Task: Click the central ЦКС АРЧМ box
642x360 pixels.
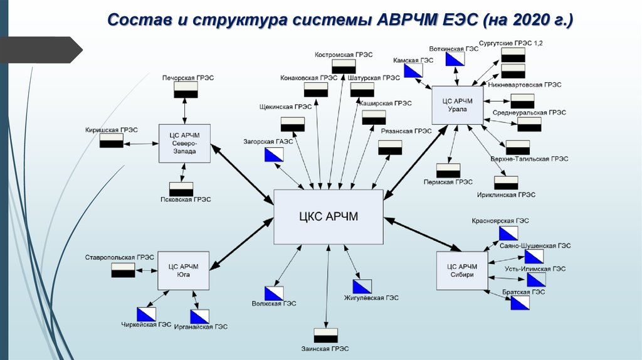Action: pyautogui.click(x=329, y=217)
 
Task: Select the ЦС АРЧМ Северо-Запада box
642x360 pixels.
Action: pyautogui.click(x=184, y=143)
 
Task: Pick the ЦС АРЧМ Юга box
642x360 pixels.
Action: pyautogui.click(x=183, y=270)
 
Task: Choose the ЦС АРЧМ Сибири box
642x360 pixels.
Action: pyautogui.click(x=461, y=271)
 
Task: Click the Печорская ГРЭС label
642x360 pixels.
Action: pyautogui.click(x=187, y=78)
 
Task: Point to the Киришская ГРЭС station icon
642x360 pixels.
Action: pyautogui.click(x=111, y=142)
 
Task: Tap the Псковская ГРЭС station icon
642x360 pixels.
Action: pyautogui.click(x=181, y=189)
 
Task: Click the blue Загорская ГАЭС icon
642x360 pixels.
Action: pyautogui.click(x=274, y=154)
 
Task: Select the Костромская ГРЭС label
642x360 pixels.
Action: pyautogui.click(x=344, y=55)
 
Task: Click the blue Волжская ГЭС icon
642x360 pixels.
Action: pyautogui.click(x=274, y=293)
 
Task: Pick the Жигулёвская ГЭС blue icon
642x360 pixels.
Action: pyautogui.click(x=362, y=287)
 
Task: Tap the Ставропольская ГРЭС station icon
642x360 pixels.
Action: pyautogui.click(x=123, y=270)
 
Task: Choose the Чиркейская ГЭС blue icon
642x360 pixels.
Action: pyautogui.click(x=147, y=314)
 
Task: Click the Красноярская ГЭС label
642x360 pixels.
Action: pyautogui.click(x=502, y=221)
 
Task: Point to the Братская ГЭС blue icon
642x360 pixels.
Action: pyautogui.click(x=520, y=303)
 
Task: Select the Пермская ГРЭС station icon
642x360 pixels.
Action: pyautogui.click(x=448, y=171)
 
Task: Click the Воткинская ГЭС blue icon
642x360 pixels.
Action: pyautogui.click(x=455, y=59)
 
